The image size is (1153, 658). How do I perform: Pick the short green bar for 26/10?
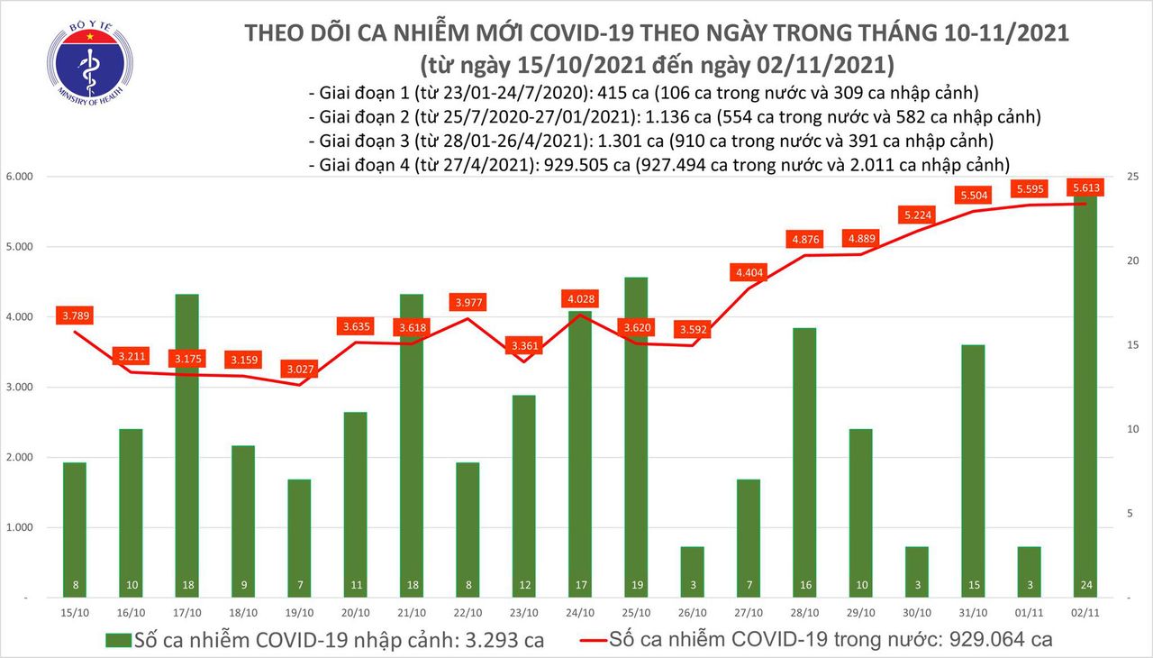point(694,571)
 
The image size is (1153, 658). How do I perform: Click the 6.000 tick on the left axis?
point(20,177)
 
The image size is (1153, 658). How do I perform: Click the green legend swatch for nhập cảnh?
point(118,641)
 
